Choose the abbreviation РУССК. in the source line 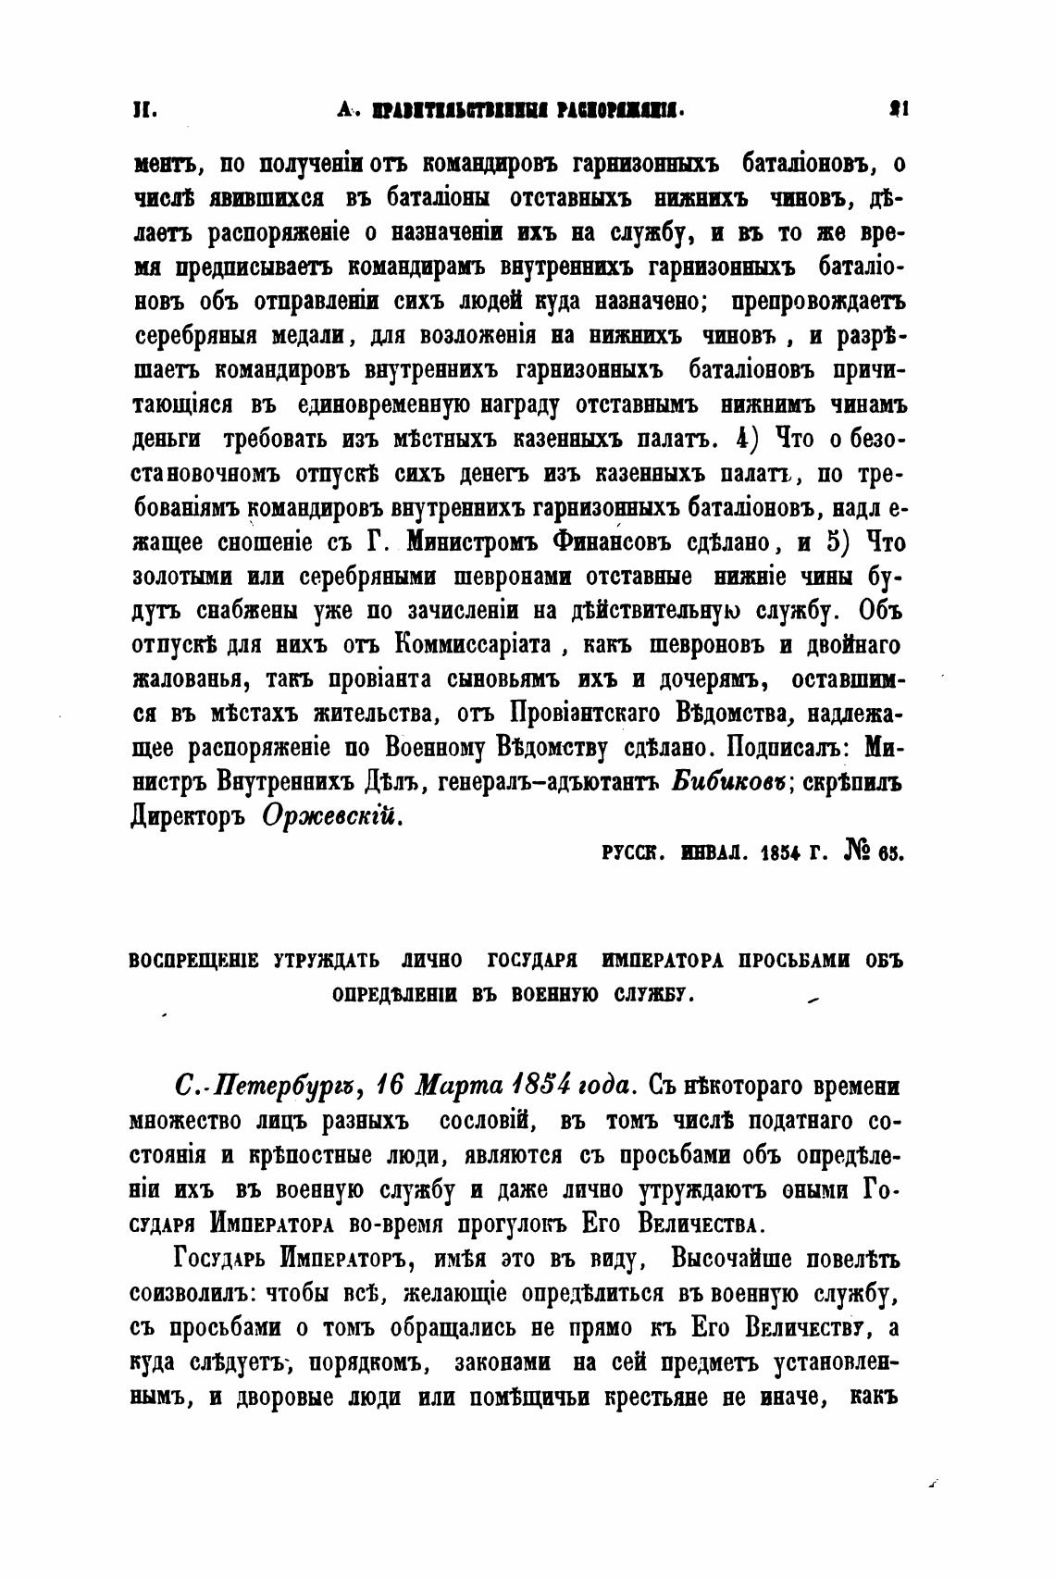[632, 852]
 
